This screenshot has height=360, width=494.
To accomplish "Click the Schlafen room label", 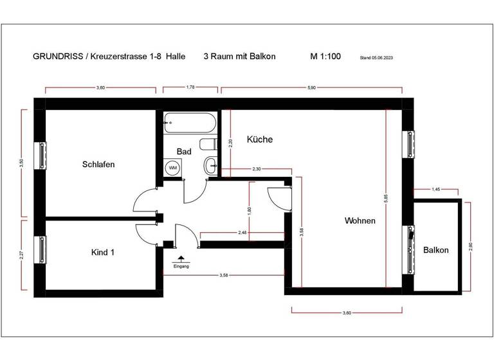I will tap(98, 165).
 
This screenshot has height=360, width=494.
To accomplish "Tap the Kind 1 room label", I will tap(103, 253).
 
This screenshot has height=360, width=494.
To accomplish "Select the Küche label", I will tap(259, 139).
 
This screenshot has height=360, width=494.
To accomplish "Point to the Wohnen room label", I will tap(360, 221).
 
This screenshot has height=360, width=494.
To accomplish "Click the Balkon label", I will tap(435, 250).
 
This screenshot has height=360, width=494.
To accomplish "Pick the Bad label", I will tap(184, 152).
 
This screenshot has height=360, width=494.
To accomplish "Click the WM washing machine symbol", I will tap(172, 168).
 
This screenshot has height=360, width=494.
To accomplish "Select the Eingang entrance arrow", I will tap(181, 257).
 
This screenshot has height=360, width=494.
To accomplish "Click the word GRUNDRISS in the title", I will tap(55, 57).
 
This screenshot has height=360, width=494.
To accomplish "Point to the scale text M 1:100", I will tap(325, 57).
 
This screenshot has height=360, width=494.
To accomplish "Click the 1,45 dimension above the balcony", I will tap(435, 189).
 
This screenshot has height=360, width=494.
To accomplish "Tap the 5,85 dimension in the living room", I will tap(386, 200).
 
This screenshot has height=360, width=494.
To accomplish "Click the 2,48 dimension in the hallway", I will tap(242, 232).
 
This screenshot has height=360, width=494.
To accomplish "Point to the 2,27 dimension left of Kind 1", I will tap(22, 255).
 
